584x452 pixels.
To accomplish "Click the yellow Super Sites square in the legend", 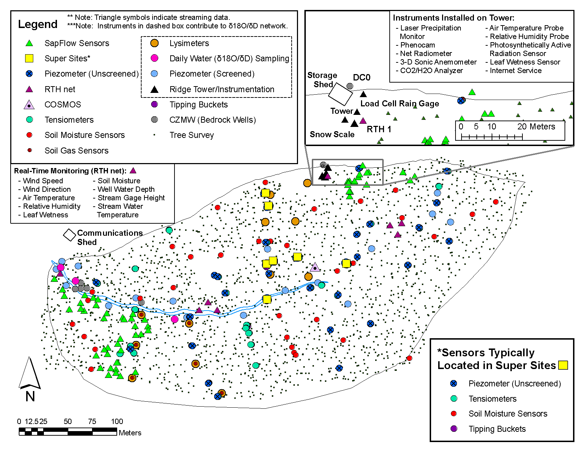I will (x=29, y=58).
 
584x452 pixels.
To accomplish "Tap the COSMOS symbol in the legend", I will (x=29, y=105).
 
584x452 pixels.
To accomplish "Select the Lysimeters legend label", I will (x=189, y=43).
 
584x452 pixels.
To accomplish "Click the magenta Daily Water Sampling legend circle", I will (x=154, y=58).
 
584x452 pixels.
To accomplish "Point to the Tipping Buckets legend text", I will (x=198, y=105).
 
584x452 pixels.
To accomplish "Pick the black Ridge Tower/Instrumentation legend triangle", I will (x=154, y=89).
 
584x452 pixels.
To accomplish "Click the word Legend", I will (x=38, y=24).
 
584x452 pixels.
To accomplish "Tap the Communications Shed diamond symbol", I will (x=69, y=235).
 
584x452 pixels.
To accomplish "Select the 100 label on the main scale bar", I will (x=117, y=422).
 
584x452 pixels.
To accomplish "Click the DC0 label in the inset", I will (x=361, y=78).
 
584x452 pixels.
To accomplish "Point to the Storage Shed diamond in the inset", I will (x=340, y=94).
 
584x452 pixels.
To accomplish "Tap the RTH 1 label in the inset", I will (x=379, y=129).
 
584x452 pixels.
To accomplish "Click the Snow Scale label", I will (x=332, y=134).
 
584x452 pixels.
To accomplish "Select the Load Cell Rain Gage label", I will (x=400, y=104).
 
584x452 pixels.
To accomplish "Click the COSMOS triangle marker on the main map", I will (x=315, y=267).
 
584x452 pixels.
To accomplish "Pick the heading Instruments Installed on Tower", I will (x=453, y=18).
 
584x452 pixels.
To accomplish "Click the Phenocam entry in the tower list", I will (x=417, y=45).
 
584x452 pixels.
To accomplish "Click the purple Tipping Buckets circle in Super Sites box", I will (x=453, y=429).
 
